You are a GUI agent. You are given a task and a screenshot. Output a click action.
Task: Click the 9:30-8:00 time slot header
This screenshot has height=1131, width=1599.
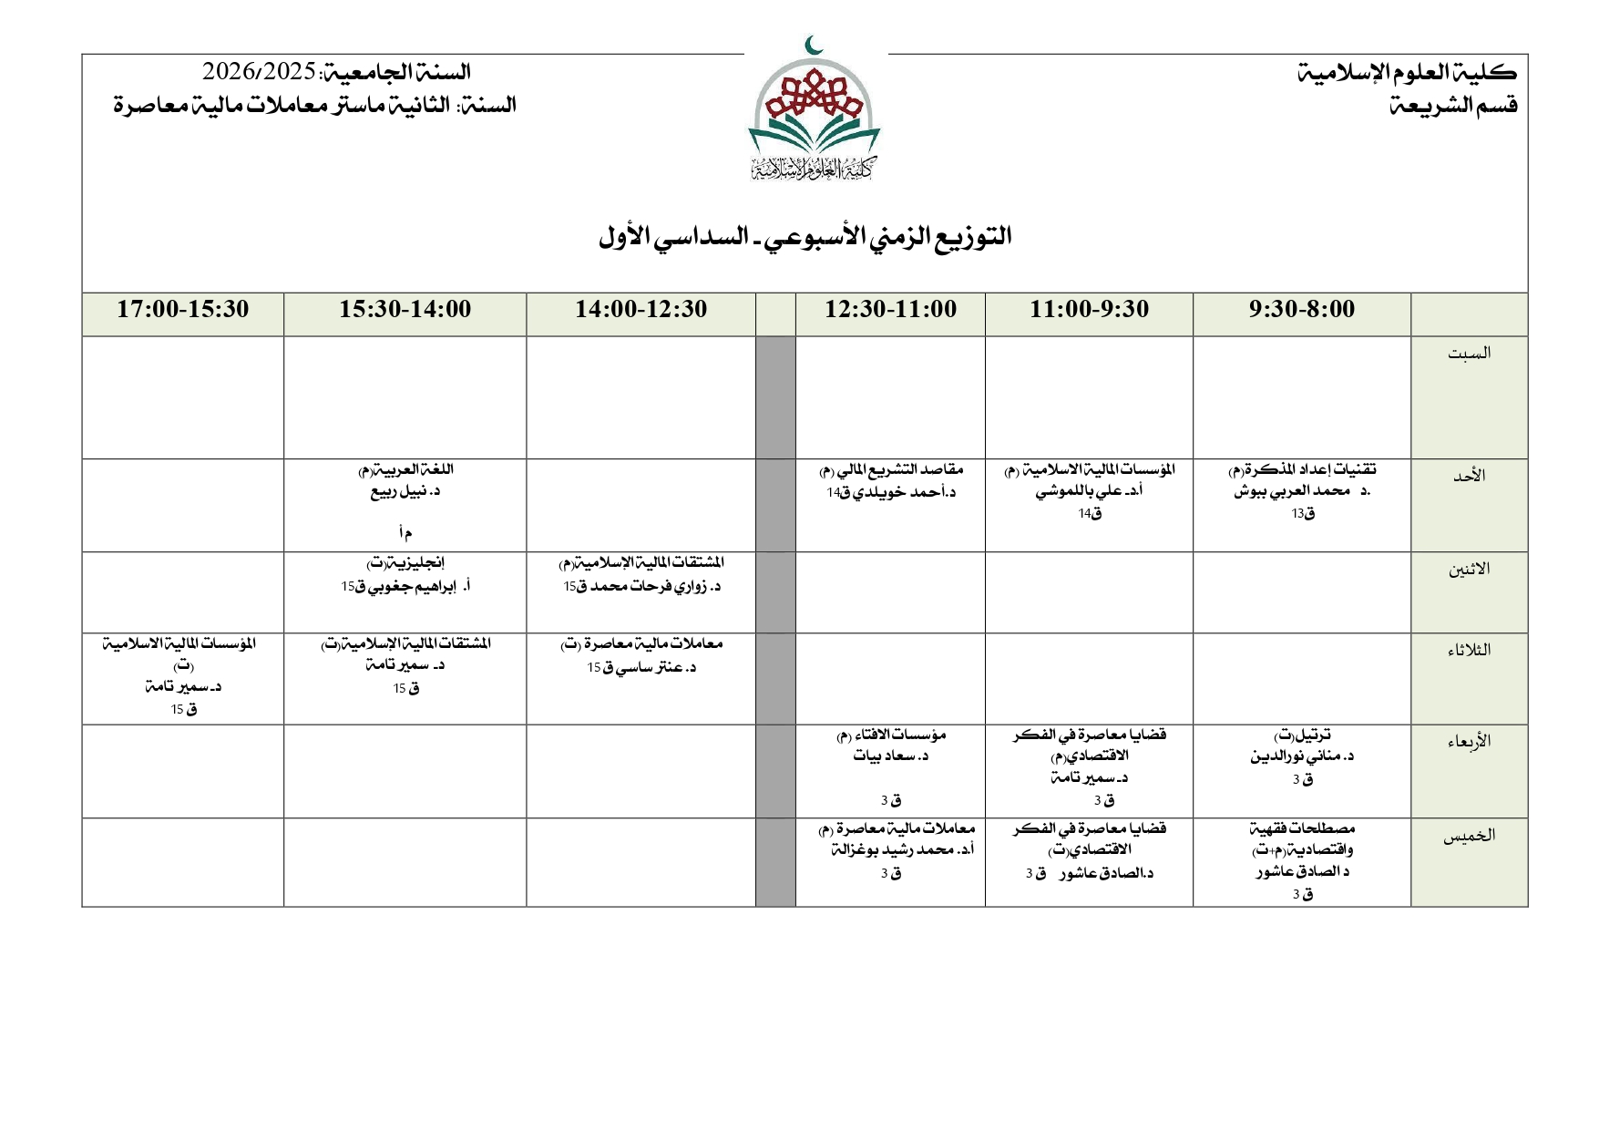pos(1301,310)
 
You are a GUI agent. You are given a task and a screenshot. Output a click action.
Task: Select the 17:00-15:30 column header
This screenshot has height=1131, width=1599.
pos(182,310)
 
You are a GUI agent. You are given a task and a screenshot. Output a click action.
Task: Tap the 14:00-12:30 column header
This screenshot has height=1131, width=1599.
pos(641,310)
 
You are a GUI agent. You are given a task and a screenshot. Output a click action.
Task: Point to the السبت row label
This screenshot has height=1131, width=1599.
pos(1469,354)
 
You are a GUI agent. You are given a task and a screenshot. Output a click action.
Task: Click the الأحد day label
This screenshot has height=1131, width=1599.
pos(1469,476)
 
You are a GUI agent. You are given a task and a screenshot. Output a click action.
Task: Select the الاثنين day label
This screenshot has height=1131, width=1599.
pos(1469,570)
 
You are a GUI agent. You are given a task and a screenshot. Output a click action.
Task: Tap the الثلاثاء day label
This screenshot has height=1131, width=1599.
pos(1469,651)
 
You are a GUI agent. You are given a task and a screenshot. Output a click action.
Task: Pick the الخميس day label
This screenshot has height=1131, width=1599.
pos(1469,836)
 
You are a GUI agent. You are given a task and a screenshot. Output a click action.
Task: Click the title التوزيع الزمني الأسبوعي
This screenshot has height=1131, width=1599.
pos(805,238)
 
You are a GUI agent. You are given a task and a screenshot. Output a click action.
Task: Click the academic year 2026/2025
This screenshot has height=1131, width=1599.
pos(260,71)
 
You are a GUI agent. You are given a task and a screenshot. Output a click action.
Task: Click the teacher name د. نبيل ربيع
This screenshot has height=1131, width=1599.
pos(405,492)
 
